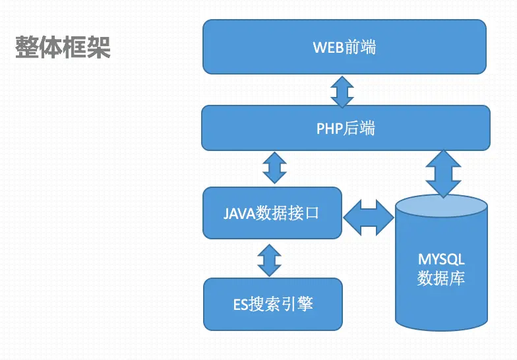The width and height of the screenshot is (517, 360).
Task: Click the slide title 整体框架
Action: pyautogui.click(x=63, y=47)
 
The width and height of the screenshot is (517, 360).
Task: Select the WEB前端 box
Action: pyautogui.click(x=344, y=47)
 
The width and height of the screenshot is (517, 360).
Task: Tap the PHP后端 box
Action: pyautogui.click(x=346, y=128)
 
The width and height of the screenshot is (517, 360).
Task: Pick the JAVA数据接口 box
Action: pyautogui.click(x=272, y=213)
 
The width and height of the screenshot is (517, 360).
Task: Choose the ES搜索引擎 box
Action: pyautogui.click(x=273, y=305)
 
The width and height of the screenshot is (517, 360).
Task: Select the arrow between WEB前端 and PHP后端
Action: pyautogui.click(x=342, y=92)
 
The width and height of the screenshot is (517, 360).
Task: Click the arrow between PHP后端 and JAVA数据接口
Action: pyautogui.click(x=274, y=167)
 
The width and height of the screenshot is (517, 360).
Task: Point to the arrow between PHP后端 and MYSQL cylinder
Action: pyautogui.click(x=443, y=173)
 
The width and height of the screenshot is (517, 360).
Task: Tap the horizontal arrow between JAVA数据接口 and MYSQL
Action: pyautogui.click(x=369, y=218)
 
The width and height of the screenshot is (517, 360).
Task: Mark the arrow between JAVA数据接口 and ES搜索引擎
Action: pyautogui.click(x=269, y=260)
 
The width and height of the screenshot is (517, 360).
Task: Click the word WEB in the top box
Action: pyautogui.click(x=328, y=47)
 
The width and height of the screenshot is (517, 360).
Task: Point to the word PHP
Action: pyautogui.click(x=330, y=129)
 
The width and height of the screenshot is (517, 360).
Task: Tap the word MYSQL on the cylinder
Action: pyautogui.click(x=442, y=259)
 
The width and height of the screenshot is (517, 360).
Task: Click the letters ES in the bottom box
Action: pyautogui.click(x=240, y=305)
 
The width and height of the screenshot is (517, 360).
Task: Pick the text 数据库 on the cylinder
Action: pyautogui.click(x=441, y=278)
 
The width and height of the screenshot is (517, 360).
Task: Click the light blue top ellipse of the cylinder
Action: pyautogui.click(x=441, y=206)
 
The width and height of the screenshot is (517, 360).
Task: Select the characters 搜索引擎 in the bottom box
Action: pyautogui.click(x=280, y=304)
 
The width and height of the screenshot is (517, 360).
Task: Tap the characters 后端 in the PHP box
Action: pyautogui.click(x=359, y=128)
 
